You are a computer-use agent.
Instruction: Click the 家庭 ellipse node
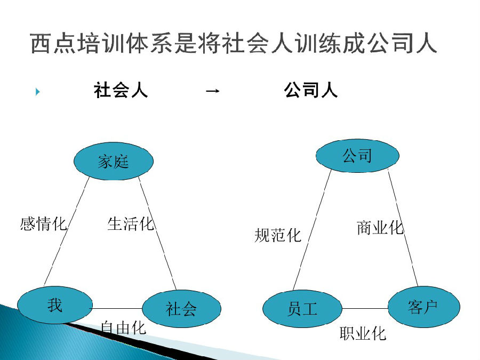114,161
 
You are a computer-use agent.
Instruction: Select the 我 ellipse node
55,305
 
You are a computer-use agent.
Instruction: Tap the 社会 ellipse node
181,309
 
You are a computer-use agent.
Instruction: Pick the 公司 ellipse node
357,156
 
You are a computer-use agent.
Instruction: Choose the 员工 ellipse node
302,309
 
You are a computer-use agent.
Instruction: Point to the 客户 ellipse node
424,307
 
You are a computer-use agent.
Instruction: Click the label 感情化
43,224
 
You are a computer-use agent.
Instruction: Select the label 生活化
131,223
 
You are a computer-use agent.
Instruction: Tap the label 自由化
123,328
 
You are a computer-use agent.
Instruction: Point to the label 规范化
278,235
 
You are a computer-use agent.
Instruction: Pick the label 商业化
380,228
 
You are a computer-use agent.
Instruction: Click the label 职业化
363,333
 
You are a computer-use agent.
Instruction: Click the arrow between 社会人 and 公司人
213,91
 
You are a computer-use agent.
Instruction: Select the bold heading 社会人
121,90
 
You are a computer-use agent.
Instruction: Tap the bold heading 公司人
311,90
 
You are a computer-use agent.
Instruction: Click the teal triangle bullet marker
38,92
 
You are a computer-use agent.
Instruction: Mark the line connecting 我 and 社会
117,308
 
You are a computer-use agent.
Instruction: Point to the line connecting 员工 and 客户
365,308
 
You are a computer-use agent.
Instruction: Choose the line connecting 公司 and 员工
312,230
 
